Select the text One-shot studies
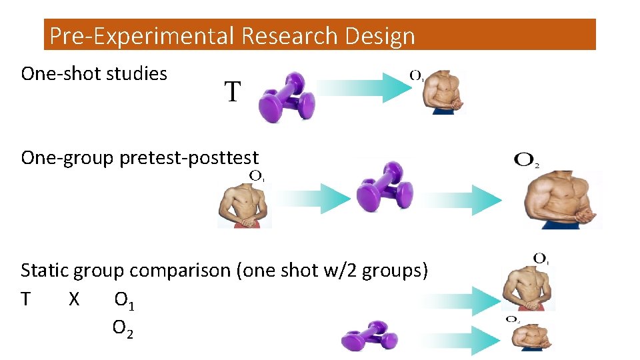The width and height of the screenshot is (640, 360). (94, 73)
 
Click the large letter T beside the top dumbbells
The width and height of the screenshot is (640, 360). (231, 92)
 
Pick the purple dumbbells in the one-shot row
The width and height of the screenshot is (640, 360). (287, 97)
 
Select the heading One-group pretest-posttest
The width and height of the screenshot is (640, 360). (139, 158)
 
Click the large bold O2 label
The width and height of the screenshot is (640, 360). (527, 161)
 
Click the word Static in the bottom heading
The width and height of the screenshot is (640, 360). (45, 271)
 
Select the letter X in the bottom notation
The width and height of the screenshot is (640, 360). (74, 300)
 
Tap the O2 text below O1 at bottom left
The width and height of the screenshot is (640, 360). (123, 328)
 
